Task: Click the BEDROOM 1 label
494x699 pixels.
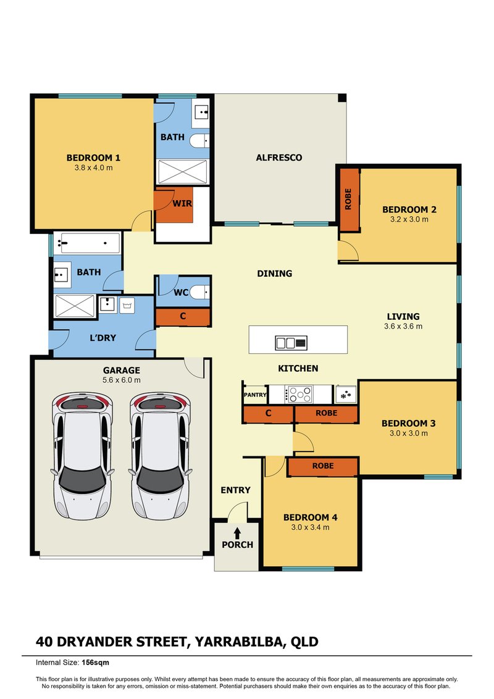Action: [x=93, y=158]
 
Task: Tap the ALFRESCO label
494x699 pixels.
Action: [x=278, y=157]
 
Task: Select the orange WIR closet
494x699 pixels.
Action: [x=174, y=206]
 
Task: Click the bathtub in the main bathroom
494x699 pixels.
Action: [x=87, y=243]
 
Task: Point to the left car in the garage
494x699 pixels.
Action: [x=83, y=456]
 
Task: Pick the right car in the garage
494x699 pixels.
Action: [x=161, y=456]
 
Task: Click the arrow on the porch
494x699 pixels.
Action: [x=237, y=533]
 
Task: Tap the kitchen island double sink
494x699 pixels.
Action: [x=291, y=343]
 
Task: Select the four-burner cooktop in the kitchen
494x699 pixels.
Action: [x=299, y=395]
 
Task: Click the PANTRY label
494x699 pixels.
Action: [x=255, y=395]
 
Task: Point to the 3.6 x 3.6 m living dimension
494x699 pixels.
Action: [x=403, y=326]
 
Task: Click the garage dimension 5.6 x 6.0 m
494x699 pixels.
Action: [x=121, y=380]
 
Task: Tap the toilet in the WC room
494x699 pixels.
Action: [x=200, y=292]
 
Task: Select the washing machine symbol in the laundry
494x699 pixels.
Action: [x=127, y=304]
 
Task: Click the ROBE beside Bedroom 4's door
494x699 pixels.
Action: [x=323, y=466]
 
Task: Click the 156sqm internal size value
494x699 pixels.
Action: [x=95, y=663]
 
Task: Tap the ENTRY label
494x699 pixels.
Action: [x=235, y=490]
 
